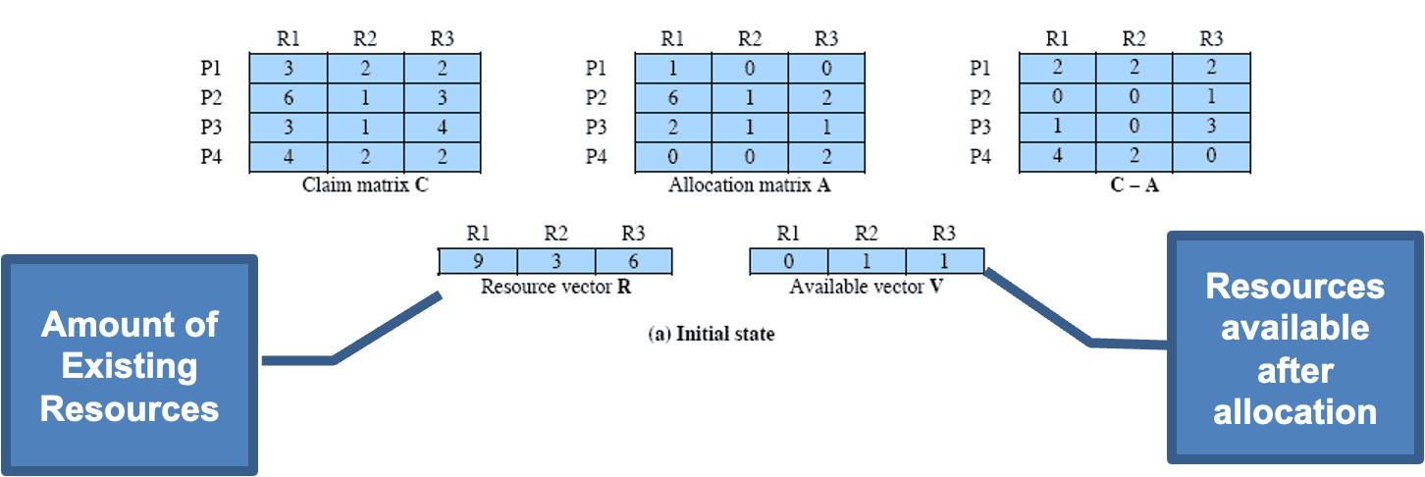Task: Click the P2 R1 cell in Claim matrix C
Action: tap(288, 98)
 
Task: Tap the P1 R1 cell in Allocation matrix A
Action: tap(673, 69)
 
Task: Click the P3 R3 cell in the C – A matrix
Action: tap(1211, 128)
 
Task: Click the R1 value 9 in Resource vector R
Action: tap(478, 261)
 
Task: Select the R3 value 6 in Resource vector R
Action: tap(633, 261)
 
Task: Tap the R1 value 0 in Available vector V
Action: tap(788, 261)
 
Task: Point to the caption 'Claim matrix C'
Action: tap(365, 185)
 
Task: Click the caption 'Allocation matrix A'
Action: tap(750, 185)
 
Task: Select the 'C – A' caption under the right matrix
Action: tap(1134, 185)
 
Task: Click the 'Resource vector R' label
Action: tap(554, 288)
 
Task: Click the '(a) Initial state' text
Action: tap(711, 334)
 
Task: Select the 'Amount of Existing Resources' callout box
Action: tap(130, 365)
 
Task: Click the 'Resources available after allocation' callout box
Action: tap(1294, 348)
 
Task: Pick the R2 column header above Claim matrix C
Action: tap(365, 39)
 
